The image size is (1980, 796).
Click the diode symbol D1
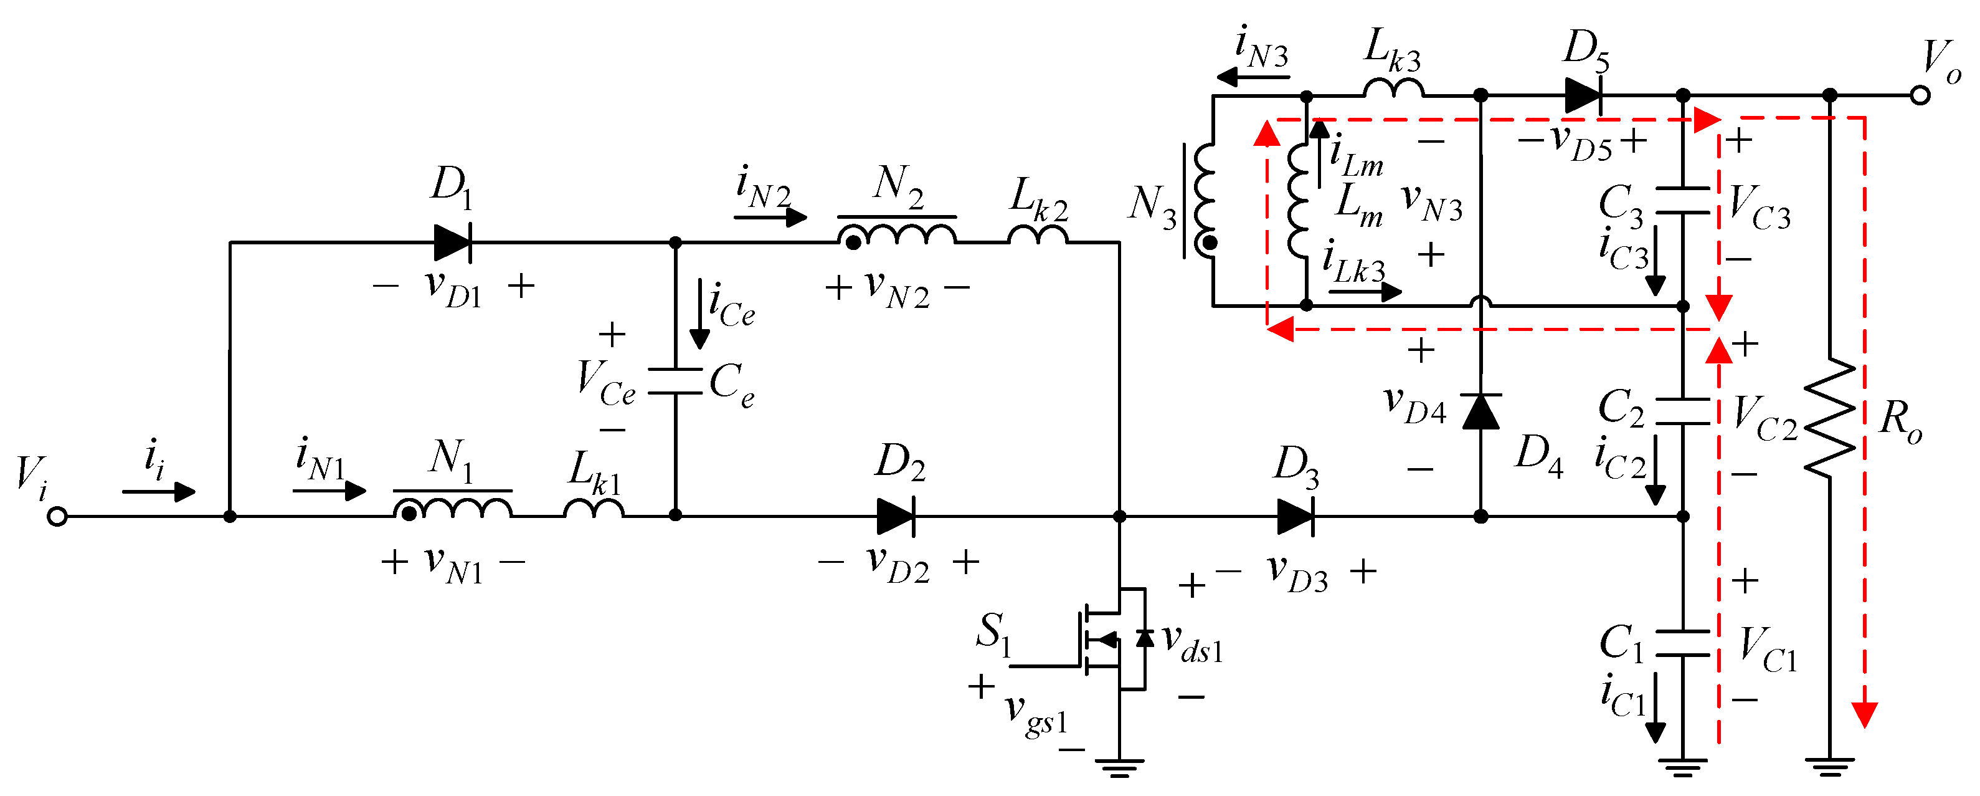(x=452, y=243)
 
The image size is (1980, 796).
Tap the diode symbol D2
(x=896, y=516)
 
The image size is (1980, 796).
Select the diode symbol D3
(x=1295, y=516)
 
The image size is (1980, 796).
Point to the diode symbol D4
(x=1480, y=411)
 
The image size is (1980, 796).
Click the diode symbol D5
(x=1583, y=96)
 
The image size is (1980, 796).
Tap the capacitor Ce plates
(x=675, y=381)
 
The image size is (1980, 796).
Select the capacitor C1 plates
(x=1682, y=644)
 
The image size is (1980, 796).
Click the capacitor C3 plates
(x=1682, y=200)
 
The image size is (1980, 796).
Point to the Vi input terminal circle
(x=57, y=517)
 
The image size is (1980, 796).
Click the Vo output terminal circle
(x=1920, y=96)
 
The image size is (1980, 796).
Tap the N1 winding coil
(x=453, y=507)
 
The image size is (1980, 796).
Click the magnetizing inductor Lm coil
(x=1297, y=200)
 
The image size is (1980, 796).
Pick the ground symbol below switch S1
(x=1119, y=767)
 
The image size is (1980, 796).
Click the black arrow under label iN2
(x=771, y=218)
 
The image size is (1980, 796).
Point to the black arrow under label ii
(x=159, y=491)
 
